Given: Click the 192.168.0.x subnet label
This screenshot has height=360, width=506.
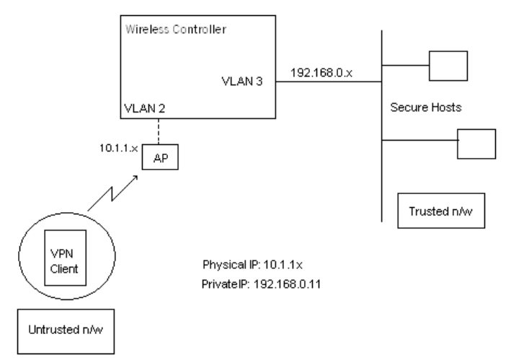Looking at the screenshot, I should click(x=317, y=73).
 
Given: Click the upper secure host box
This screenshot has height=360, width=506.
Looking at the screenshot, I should click(x=448, y=64).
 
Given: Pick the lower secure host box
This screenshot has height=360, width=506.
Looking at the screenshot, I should click(x=476, y=143).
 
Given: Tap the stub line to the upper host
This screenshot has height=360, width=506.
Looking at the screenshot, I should click(x=404, y=65).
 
